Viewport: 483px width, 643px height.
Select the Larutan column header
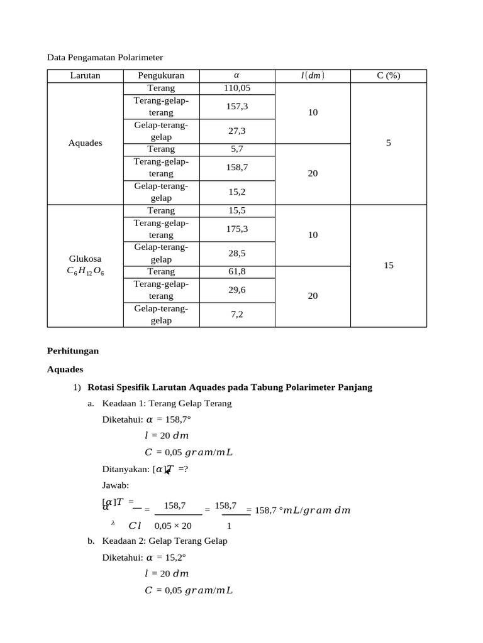coord(85,76)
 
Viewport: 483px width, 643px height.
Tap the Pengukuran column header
coord(161,76)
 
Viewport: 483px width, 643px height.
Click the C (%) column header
coord(388,76)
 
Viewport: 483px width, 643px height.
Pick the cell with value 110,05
coord(236,88)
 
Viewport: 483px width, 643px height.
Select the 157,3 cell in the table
coord(236,107)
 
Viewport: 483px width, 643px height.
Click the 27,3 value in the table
coord(236,131)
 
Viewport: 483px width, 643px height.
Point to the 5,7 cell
coord(236,149)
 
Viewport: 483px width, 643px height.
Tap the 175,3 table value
coord(236,229)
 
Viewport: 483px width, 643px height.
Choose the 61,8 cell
coord(236,272)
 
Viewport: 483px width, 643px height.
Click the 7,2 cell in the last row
coord(236,315)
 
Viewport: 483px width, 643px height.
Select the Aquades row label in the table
coord(85,143)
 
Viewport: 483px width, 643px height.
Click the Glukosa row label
coord(85,259)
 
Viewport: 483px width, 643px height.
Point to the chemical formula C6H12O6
coord(85,271)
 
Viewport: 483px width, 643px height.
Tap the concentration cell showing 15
coord(388,266)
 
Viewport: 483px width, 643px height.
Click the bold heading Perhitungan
coord(73,351)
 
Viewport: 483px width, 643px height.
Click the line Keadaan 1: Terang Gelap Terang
coord(167,403)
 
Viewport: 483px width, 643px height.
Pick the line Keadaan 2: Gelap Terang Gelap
coord(165,541)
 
